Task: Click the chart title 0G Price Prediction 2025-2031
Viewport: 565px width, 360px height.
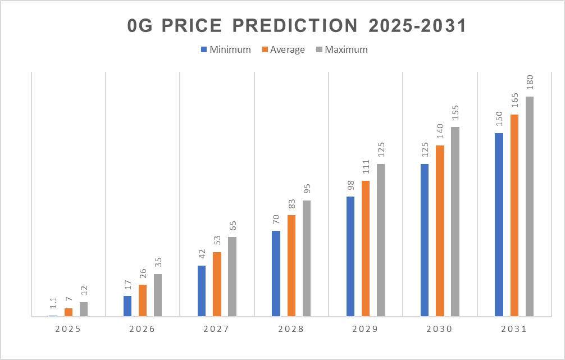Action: coord(297,26)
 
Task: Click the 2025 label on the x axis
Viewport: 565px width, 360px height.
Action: coord(69,330)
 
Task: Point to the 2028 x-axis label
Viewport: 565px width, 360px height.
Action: coord(291,330)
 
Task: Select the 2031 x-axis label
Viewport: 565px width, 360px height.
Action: coord(514,330)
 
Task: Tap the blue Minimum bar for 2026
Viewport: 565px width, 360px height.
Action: coord(127,306)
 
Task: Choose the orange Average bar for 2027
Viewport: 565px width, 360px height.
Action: coord(217,284)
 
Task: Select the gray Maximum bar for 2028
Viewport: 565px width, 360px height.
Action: coord(307,258)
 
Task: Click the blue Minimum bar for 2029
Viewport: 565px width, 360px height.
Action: coord(350,257)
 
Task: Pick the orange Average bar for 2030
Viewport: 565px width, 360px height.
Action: coord(440,231)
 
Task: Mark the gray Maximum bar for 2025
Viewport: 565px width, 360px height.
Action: coord(84,309)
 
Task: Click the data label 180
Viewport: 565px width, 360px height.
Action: coord(530,83)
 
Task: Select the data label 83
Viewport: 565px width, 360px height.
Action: coord(291,204)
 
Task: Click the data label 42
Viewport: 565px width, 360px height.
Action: coord(202,254)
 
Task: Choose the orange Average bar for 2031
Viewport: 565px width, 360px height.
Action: coord(514,216)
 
